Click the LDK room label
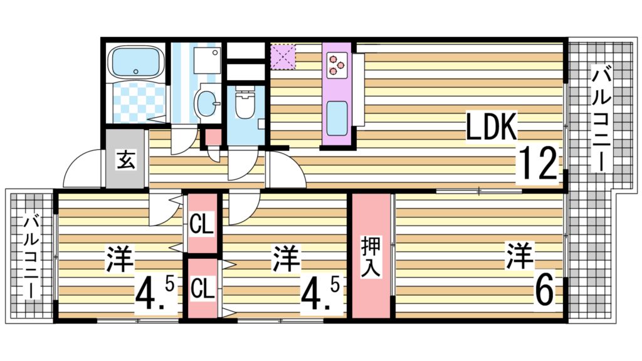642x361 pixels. click(x=492, y=127)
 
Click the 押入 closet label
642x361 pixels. click(x=370, y=257)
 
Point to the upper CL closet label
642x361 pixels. click(x=202, y=223)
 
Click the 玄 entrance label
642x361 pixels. click(x=125, y=160)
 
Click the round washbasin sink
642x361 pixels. click(x=205, y=102)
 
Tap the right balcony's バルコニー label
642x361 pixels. click(x=601, y=119)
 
